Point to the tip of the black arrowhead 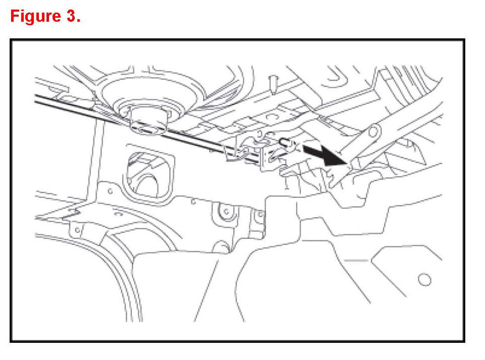[346, 164]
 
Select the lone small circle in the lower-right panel [425, 279]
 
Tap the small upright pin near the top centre [274, 84]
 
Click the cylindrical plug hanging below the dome [149, 121]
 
